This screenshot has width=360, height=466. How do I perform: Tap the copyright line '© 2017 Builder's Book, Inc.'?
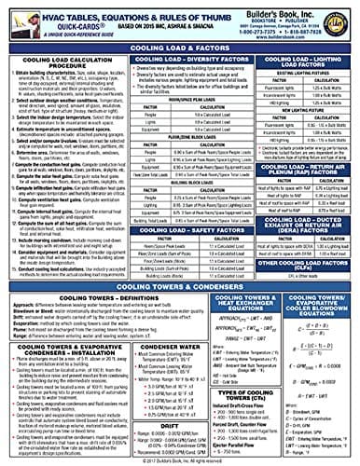point(180,460)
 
